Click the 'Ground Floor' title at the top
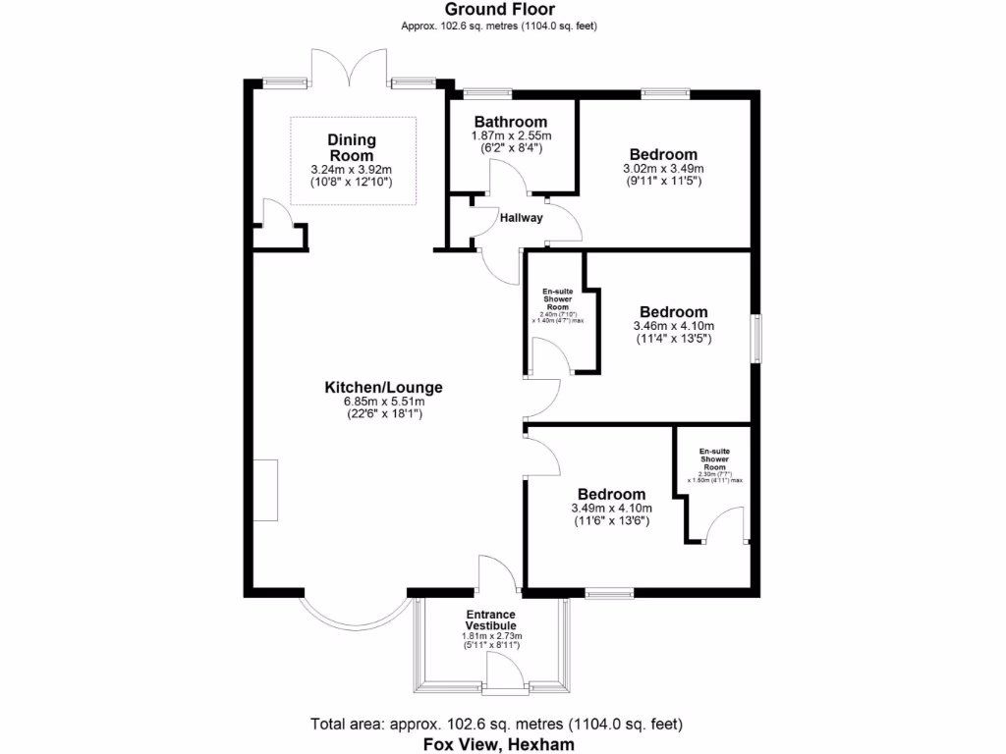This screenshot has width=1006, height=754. [499, 10]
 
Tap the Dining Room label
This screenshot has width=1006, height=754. [352, 148]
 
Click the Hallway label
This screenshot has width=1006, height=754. [521, 218]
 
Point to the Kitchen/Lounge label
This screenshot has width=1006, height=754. [383, 387]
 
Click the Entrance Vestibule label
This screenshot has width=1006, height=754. [490, 620]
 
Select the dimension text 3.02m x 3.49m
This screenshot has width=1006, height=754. [663, 169]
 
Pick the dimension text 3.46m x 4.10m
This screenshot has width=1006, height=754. [673, 326]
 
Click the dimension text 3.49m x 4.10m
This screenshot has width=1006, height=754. [611, 509]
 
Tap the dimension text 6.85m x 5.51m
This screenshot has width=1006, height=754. [383, 402]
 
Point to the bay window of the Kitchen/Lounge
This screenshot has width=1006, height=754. [353, 614]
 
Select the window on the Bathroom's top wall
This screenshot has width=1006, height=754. [487, 93]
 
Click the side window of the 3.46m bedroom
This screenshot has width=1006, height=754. [756, 340]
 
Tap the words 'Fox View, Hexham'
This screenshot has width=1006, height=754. [498, 744]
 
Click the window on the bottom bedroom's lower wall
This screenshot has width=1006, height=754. [610, 593]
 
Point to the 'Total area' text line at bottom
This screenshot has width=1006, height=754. [496, 725]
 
